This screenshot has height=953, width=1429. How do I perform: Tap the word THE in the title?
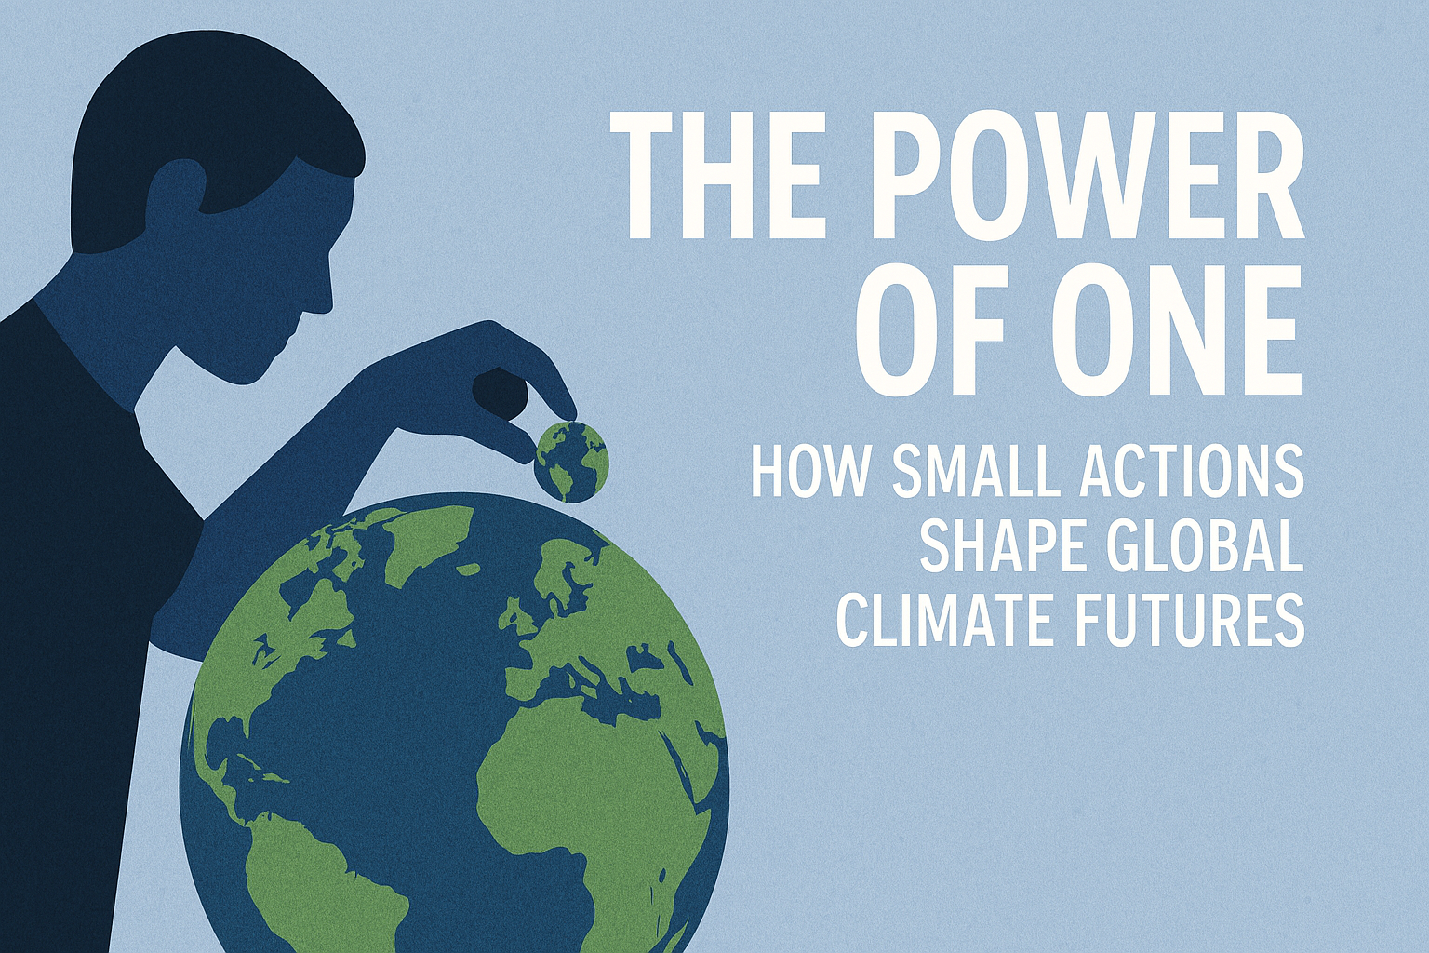pyautogui.click(x=716, y=177)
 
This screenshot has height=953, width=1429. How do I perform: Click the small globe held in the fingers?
pyautogui.click(x=571, y=461)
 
